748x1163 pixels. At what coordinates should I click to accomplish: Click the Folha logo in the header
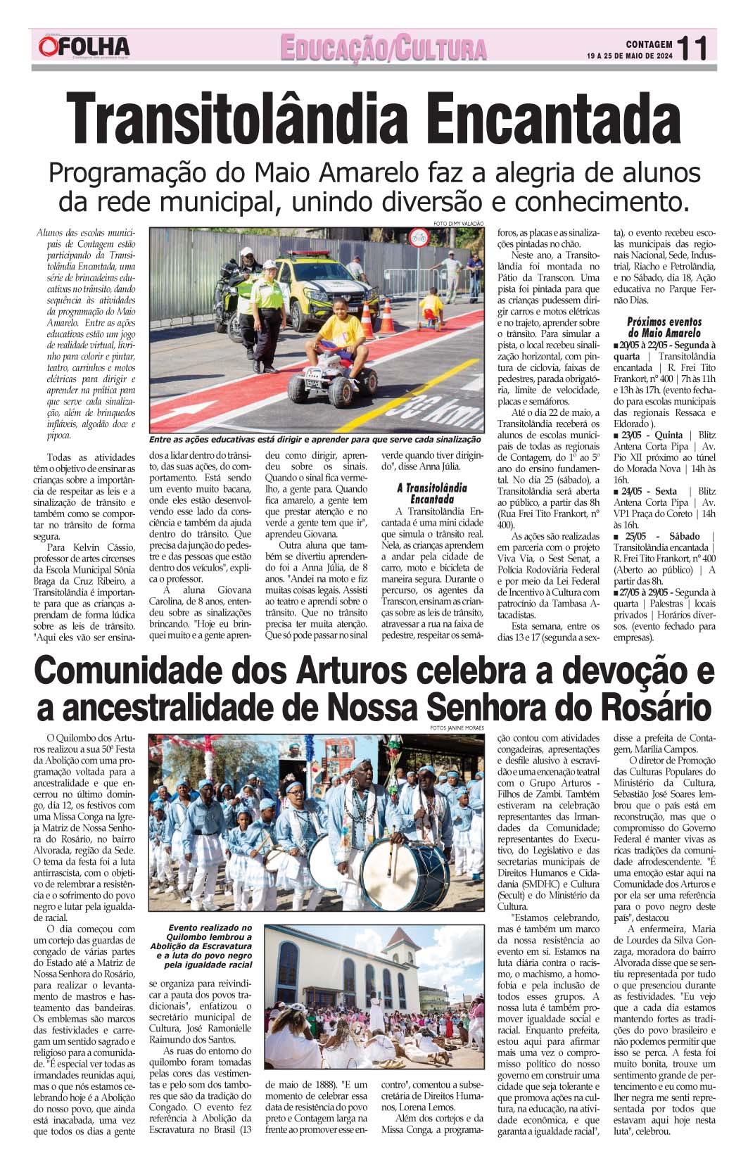[x=84, y=46]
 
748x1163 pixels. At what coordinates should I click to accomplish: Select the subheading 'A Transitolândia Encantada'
[x=432, y=492]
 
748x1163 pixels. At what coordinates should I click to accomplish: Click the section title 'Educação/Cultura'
[x=383, y=48]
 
